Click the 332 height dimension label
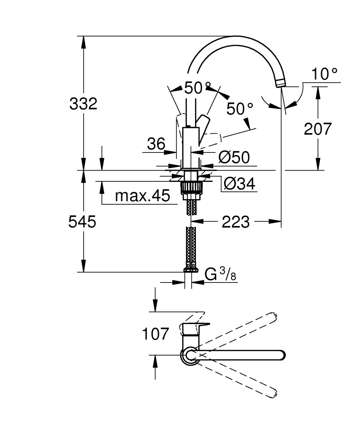point(83,104)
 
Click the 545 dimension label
point(82,222)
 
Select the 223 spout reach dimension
point(236,222)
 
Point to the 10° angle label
point(325,74)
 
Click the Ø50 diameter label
point(234,157)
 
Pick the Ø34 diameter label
point(239,184)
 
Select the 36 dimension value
point(155,143)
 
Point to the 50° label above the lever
point(197,88)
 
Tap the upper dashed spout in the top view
point(242,333)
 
